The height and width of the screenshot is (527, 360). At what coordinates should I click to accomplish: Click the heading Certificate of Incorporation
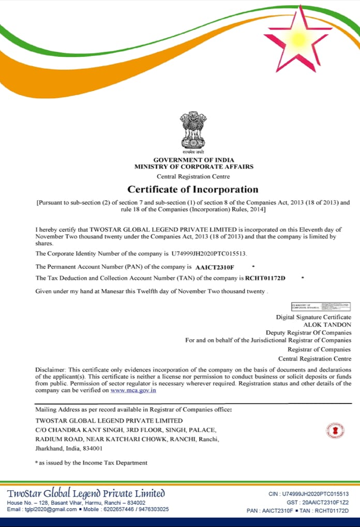pyautogui.click(x=193, y=189)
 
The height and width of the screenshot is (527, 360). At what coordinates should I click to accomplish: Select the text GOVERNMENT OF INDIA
pyautogui.click(x=193, y=160)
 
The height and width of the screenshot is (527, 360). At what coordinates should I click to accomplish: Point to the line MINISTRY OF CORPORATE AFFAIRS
pyautogui.click(x=193, y=167)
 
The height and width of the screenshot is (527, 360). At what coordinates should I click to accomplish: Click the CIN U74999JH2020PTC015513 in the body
pyautogui.click(x=209, y=254)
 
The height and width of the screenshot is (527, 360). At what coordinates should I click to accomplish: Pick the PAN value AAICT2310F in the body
pyautogui.click(x=215, y=267)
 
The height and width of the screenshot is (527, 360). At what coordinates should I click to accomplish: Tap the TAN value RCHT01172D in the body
pyautogui.click(x=265, y=278)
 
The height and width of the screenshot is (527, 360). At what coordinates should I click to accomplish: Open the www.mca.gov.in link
pyautogui.click(x=133, y=390)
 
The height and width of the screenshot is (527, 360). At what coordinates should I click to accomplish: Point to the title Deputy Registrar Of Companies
pyautogui.click(x=308, y=333)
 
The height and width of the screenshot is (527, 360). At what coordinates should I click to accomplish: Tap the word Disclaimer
pyautogui.click(x=50, y=369)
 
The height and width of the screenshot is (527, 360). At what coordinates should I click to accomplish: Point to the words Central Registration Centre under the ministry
pyautogui.click(x=193, y=176)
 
